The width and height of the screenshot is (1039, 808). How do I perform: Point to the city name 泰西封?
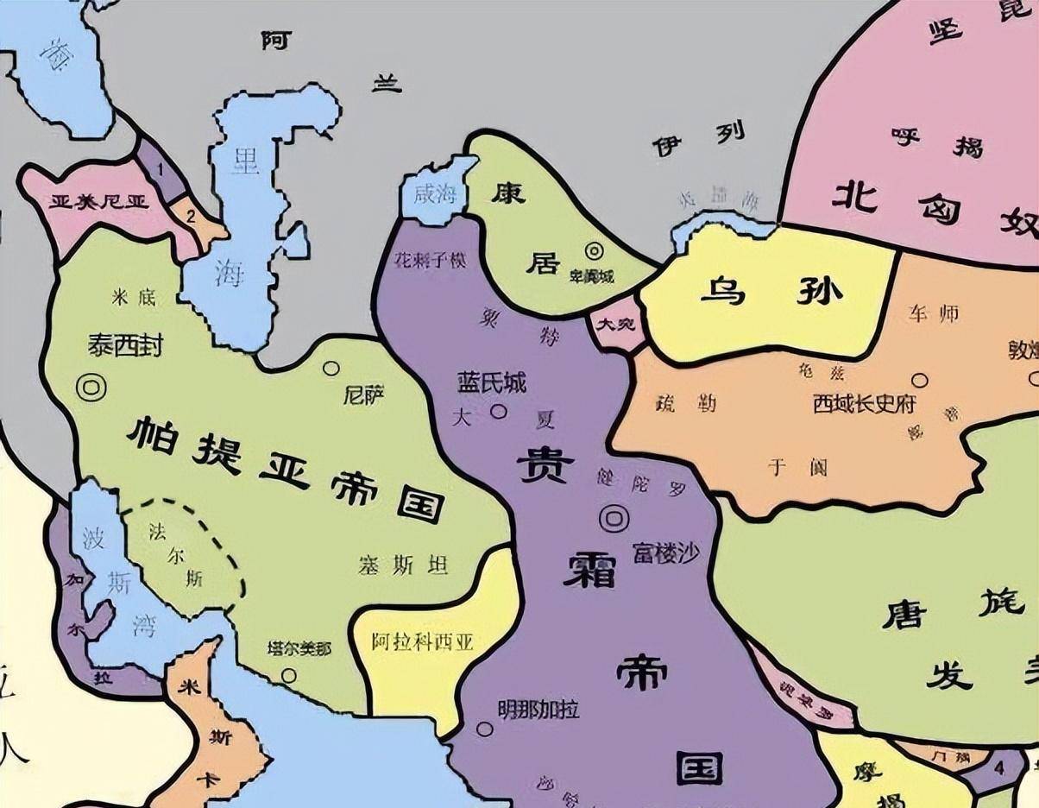point(125,345)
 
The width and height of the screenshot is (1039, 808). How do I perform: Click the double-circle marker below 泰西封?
point(91,388)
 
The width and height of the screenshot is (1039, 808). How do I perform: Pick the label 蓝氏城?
point(492,383)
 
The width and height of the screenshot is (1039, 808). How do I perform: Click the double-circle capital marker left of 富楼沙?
point(614,518)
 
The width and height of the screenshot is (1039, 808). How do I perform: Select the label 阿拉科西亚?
point(423,642)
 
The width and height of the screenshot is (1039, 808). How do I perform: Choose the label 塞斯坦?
point(403,565)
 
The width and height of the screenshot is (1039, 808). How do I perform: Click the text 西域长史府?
point(864,403)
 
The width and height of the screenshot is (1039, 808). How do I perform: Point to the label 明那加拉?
point(538,710)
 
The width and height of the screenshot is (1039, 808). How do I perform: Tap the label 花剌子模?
point(430,259)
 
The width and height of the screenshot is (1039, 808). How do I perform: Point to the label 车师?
point(933,314)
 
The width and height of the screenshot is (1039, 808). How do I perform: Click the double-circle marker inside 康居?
point(595,251)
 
